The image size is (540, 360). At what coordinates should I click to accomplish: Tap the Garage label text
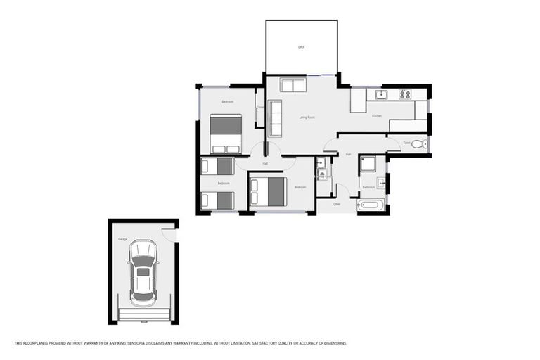pyautogui.click(x=122, y=240)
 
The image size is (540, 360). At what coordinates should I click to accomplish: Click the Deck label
pyautogui.click(x=301, y=47)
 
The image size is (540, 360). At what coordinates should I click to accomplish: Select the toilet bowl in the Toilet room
pyautogui.click(x=418, y=144)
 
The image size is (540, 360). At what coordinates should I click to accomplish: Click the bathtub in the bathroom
pyautogui.click(x=371, y=206)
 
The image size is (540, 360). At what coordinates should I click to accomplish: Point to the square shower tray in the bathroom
pyautogui.click(x=368, y=165)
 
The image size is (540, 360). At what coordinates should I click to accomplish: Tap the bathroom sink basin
pyautogui.click(x=381, y=184)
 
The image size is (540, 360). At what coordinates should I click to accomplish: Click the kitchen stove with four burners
pyautogui.click(x=404, y=94)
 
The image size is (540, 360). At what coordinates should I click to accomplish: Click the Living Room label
pyautogui.click(x=307, y=117)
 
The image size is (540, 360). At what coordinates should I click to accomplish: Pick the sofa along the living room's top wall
pyautogui.click(x=292, y=86)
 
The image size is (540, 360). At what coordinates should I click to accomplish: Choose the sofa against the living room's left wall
pyautogui.click(x=275, y=117)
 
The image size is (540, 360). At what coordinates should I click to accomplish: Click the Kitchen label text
pyautogui.click(x=376, y=115)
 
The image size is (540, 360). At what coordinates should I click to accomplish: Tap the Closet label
pyautogui.click(x=259, y=107)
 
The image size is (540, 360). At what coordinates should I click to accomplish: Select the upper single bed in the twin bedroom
pyautogui.click(x=217, y=166)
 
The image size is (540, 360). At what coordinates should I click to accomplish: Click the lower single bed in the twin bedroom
pyautogui.click(x=217, y=200)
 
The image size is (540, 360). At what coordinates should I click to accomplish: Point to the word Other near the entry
pyautogui.click(x=337, y=204)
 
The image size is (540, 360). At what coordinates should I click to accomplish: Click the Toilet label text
pyautogui.click(x=406, y=143)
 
